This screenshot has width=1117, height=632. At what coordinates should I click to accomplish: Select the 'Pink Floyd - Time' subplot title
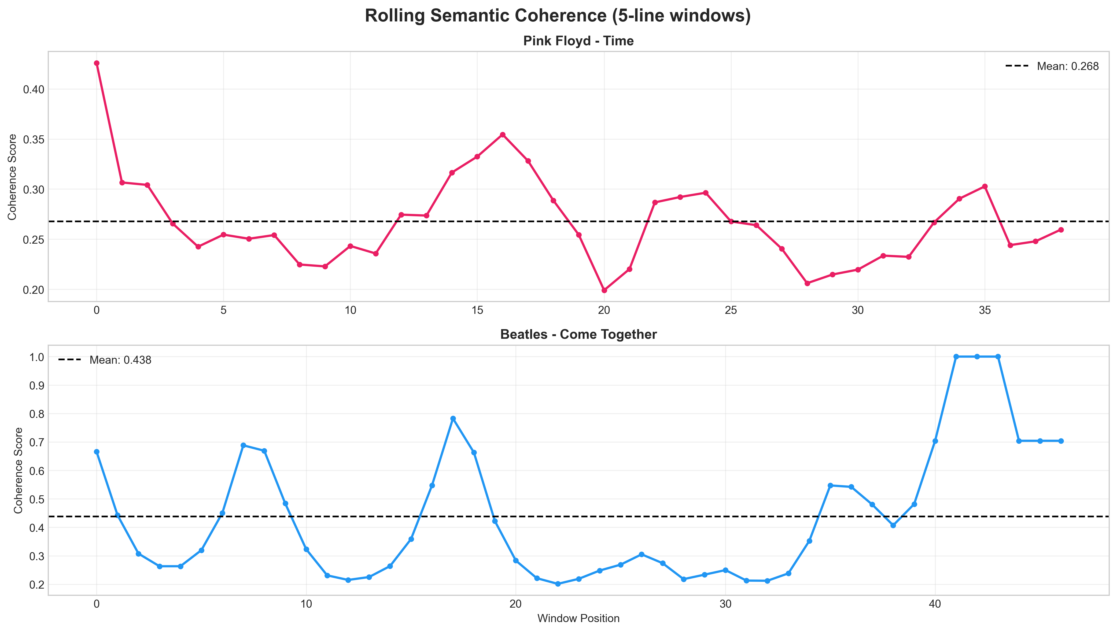pyautogui.click(x=578, y=41)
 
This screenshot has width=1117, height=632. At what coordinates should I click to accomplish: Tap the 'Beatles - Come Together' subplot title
pyautogui.click(x=578, y=334)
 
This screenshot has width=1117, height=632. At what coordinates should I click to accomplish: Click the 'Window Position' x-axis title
pyautogui.click(x=578, y=618)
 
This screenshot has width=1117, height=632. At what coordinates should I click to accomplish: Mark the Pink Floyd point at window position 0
pyautogui.click(x=96, y=63)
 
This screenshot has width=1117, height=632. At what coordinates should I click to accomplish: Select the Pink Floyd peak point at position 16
pyautogui.click(x=503, y=135)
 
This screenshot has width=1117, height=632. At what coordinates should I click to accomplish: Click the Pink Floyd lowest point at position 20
pyautogui.click(x=604, y=290)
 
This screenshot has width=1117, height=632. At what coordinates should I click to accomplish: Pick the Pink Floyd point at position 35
pyautogui.click(x=985, y=186)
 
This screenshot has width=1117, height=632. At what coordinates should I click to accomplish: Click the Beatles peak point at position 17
pyautogui.click(x=453, y=418)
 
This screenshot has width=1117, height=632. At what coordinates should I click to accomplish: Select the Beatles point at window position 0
pyautogui.click(x=96, y=452)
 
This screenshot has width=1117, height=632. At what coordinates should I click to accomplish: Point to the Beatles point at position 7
pyautogui.click(x=243, y=445)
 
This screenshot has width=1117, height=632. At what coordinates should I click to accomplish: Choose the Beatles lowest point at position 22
pyautogui.click(x=558, y=584)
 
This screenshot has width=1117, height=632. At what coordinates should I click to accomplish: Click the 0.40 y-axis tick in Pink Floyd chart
pyautogui.click(x=34, y=90)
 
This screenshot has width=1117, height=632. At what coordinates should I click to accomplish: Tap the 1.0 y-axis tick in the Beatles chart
pyautogui.click(x=36, y=357)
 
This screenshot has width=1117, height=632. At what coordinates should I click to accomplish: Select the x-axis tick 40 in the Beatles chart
pyautogui.click(x=935, y=604)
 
